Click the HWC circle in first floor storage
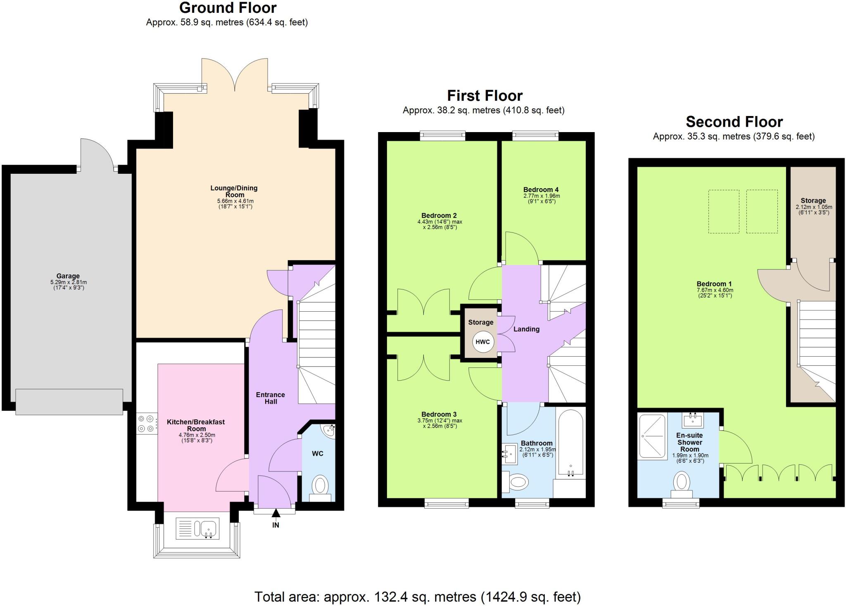482,342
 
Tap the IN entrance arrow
276,513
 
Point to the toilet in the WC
320,486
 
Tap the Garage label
68,276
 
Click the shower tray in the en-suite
652,437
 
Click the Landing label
526,329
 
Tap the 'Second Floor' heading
734,122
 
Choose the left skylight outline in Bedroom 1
724,211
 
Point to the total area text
417,597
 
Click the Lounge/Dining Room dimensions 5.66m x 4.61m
235,201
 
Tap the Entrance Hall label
271,398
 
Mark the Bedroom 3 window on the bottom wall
447,503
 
